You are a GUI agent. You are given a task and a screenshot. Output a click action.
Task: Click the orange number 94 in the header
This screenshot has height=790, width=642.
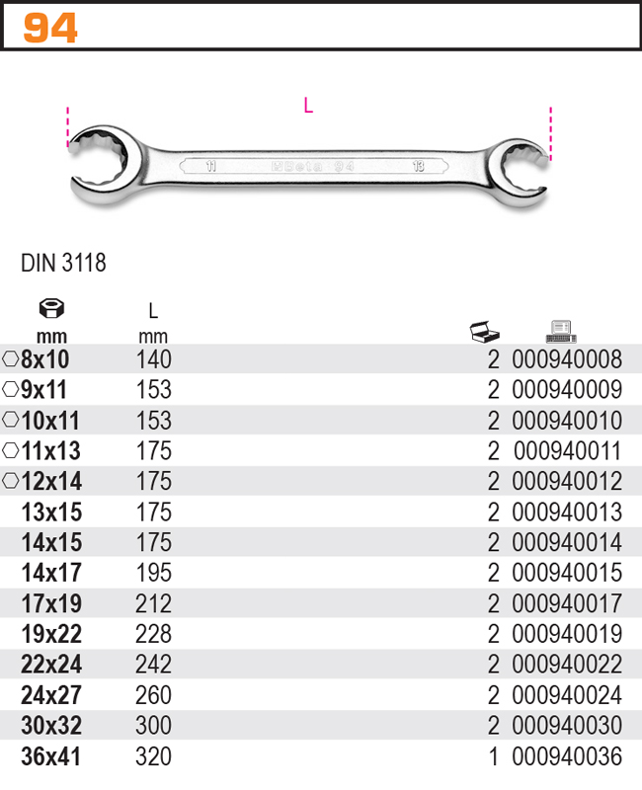point(50,28)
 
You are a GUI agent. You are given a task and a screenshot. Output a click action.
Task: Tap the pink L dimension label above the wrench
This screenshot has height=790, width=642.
point(308,106)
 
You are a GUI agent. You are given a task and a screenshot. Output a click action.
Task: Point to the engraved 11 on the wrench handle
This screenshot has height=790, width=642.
point(211,166)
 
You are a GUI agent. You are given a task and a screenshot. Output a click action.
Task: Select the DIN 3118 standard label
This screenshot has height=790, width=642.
point(63,263)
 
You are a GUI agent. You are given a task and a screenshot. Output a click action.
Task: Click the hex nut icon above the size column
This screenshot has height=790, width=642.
point(51,308)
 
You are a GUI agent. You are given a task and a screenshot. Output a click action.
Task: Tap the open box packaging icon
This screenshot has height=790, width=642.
point(484,331)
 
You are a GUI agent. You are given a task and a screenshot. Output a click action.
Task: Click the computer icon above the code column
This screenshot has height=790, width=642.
point(561,331)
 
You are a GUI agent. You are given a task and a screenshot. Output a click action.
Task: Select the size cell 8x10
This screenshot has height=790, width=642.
point(44,359)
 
